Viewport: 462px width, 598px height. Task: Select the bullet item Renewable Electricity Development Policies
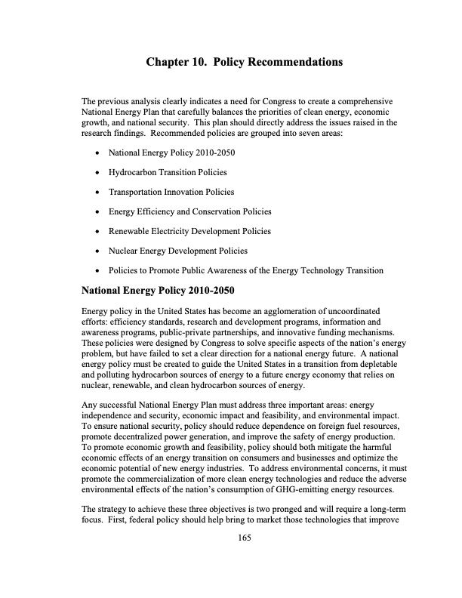(189, 231)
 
